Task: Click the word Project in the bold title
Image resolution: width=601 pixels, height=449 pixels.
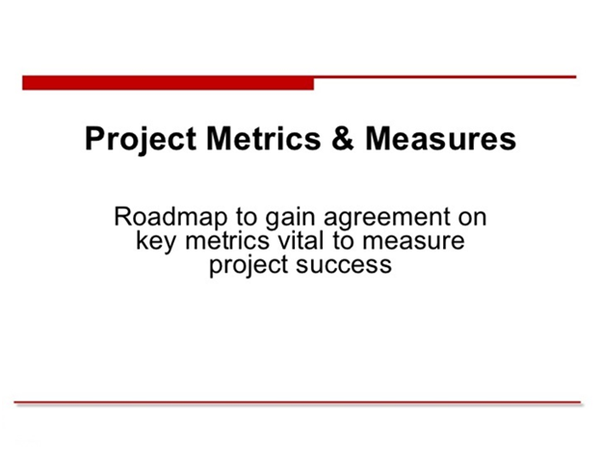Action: [141, 140]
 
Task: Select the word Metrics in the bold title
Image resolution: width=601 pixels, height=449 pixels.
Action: [264, 138]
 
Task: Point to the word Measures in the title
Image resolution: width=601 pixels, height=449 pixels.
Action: [440, 138]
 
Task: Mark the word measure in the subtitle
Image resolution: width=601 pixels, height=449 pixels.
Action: [413, 243]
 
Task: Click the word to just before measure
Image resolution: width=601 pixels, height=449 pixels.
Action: [344, 242]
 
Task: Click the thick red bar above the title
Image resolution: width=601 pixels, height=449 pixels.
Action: [168, 83]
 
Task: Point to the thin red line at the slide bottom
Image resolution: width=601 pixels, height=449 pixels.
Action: [298, 402]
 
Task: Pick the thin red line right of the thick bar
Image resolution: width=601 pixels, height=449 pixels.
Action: [445, 77]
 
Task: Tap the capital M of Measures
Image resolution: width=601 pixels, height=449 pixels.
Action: [379, 138]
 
